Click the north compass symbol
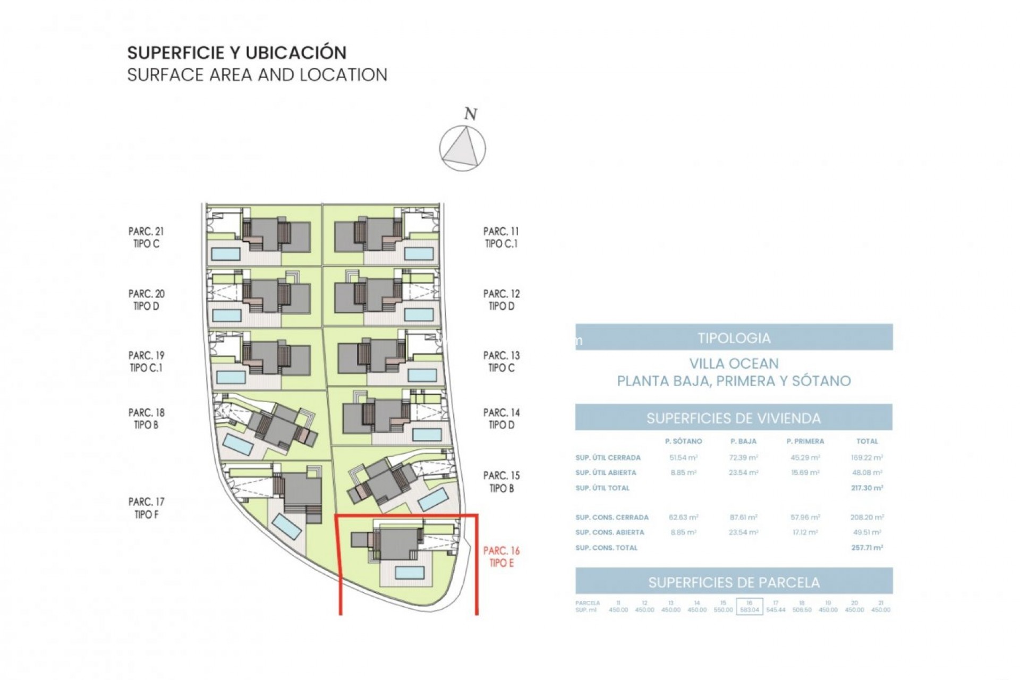coord(463,149)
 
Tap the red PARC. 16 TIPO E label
coord(501,557)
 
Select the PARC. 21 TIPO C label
coord(146,237)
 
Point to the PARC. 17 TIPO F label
coord(146,508)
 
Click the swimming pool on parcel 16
coord(409,573)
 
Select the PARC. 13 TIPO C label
coord(501,361)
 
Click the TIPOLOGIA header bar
coord(734,337)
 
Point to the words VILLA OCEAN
coord(734,364)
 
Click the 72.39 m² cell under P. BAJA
coord(743,457)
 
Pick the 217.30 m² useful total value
coord(866,488)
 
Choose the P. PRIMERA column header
coord(805,441)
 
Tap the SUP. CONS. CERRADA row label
coord(611,517)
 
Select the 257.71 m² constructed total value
coord(866,547)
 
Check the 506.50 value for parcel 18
coord(802,610)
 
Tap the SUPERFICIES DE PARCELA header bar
coord(734,582)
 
